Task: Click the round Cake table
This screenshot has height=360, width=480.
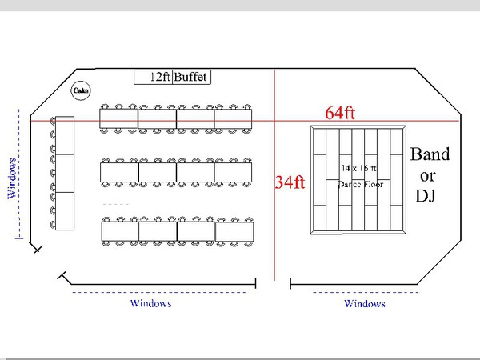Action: [x=81, y=91]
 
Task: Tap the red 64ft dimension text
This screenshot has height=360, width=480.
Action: [x=340, y=113]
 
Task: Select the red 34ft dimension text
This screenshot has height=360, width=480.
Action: [x=290, y=182]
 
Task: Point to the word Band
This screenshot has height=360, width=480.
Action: [x=430, y=154]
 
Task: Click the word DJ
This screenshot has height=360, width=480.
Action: [x=425, y=195]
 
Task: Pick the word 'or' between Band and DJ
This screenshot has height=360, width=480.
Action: [x=427, y=174]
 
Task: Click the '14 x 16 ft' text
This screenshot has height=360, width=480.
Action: [x=358, y=169]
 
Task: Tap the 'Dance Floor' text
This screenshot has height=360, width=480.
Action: [x=362, y=184]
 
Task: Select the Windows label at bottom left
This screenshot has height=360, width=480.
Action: [x=150, y=304]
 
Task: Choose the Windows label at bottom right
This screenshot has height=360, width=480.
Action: [x=365, y=304]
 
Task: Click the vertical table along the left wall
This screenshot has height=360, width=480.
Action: [x=64, y=173]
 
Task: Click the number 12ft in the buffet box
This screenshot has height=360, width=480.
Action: [x=161, y=78]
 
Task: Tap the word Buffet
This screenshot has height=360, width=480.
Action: [x=192, y=78]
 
